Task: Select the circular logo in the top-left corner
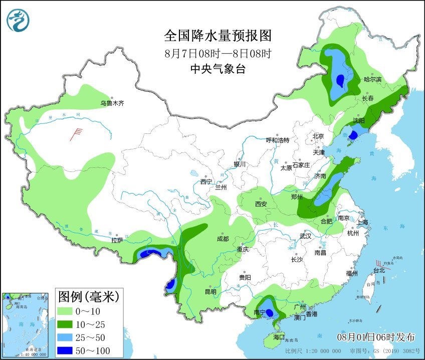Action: pyautogui.click(x=18, y=20)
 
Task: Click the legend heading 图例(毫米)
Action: pyautogui.click(x=88, y=296)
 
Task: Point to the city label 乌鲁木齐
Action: pyautogui.click(x=111, y=103)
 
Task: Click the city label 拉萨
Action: pyautogui.click(x=117, y=240)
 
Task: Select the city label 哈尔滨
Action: pyautogui.click(x=372, y=79)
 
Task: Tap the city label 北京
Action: pyautogui.click(x=318, y=136)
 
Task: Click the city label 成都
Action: pyautogui.click(x=223, y=239)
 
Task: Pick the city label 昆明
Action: pyautogui.click(x=210, y=291)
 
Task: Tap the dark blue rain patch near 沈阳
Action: pyautogui.click(x=353, y=135)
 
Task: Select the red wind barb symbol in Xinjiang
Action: pyautogui.click(x=76, y=133)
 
